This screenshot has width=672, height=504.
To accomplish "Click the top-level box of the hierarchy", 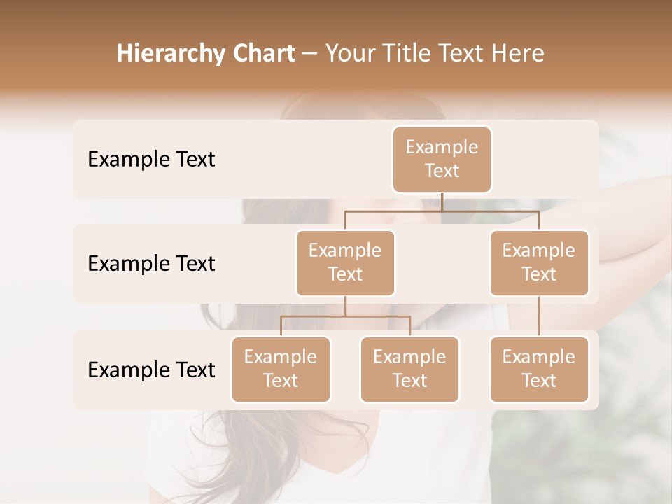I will pos(442,159).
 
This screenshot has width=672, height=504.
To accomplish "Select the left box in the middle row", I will pos(345,262).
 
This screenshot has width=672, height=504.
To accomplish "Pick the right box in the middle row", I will pos(539,262).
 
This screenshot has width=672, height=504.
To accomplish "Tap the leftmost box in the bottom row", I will pos(281,369).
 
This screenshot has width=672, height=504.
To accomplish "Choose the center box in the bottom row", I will pos(409,369).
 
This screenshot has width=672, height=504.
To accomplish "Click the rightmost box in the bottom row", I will pos(539,369).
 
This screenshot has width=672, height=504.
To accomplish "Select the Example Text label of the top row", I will pos(151,159).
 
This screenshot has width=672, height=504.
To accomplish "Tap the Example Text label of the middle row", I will pos(151,263).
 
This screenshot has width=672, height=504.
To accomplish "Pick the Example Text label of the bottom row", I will pos(151,370).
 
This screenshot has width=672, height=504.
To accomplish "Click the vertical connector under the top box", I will pos(442,202).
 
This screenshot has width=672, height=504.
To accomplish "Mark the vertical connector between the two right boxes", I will pos(539,316).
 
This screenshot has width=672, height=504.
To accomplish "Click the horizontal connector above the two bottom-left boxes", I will pos(345,316).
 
